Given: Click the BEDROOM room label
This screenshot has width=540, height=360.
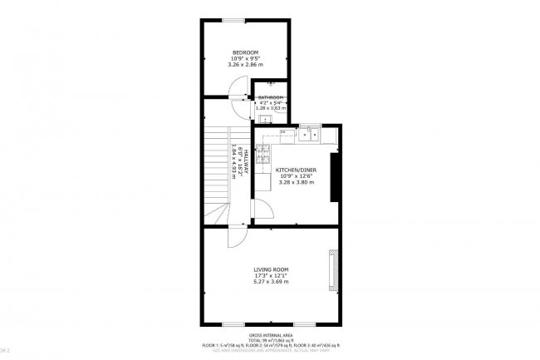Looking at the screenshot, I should click(x=246, y=52).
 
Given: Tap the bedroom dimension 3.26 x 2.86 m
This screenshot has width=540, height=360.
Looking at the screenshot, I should click(x=246, y=64).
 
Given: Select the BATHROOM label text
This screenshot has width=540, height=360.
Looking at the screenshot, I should click(x=270, y=97).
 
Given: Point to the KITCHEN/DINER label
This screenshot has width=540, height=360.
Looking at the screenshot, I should click(x=295, y=170).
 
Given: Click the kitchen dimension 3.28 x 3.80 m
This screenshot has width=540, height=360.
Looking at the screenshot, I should click(x=295, y=182).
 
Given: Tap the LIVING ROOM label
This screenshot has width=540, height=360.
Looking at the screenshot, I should click(x=271, y=269).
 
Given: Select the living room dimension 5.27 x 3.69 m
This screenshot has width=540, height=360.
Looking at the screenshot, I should click(x=271, y=282).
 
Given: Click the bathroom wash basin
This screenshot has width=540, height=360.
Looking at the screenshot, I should click(x=270, y=84).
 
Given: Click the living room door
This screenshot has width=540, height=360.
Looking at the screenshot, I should click(x=236, y=235).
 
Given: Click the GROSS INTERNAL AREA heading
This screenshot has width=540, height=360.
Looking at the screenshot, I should click(x=271, y=335).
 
